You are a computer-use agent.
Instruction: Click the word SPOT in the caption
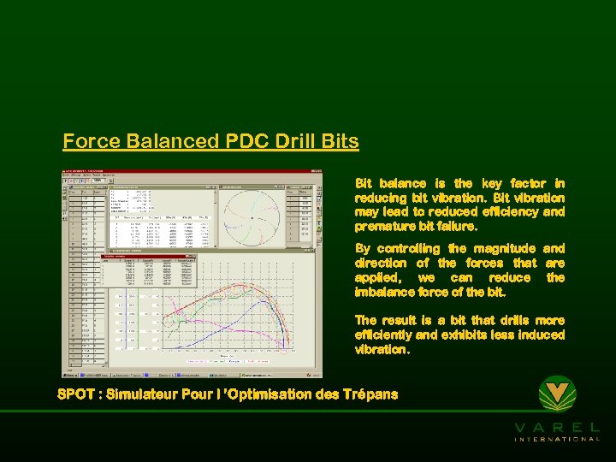click(76, 394)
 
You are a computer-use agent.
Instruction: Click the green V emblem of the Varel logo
click(557, 395)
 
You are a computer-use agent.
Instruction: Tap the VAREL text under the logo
click(557, 427)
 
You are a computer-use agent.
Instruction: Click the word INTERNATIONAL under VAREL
click(557, 439)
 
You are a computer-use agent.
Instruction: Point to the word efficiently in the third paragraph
click(384, 335)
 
